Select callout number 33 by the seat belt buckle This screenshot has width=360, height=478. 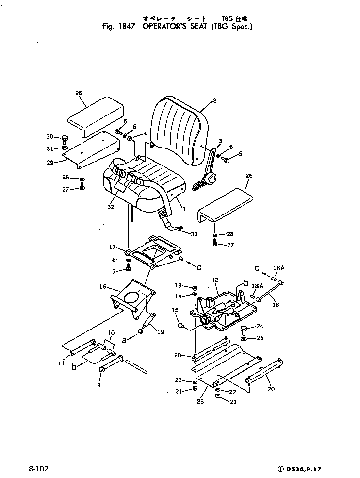coord(194,234)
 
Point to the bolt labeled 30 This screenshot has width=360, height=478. coord(65,138)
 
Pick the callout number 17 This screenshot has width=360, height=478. coord(113,247)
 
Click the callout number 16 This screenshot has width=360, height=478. coord(102,287)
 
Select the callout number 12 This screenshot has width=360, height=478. coord(215,280)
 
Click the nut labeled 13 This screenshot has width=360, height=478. coord(194,286)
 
